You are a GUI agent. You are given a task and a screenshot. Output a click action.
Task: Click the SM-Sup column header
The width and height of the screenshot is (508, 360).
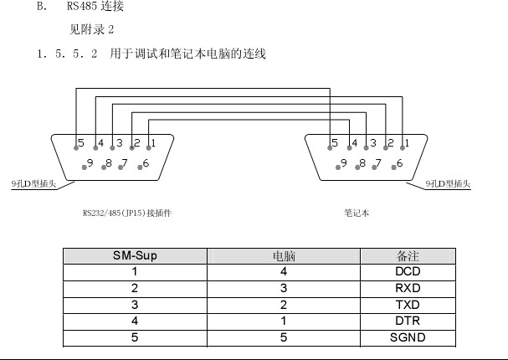pos(135,256)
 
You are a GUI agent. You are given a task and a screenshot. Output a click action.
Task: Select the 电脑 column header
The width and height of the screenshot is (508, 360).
pos(285,256)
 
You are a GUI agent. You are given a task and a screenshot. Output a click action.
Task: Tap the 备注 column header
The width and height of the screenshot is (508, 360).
pos(408,256)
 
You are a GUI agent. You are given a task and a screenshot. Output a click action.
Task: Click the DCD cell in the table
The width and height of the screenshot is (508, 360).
pos(408,271)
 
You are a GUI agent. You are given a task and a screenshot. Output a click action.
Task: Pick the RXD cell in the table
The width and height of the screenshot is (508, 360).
pos(408,288)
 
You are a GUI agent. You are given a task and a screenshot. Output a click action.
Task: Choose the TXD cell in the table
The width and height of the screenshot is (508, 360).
pos(408,304)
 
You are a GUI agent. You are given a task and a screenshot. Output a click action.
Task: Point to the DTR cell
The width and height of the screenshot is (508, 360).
pos(408,321)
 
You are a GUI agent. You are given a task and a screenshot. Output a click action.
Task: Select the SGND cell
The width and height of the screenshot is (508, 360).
pos(408,337)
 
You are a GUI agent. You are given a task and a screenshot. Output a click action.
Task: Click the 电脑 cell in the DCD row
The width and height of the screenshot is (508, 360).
pos(285,271)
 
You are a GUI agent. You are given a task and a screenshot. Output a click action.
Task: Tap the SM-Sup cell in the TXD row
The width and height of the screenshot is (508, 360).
pos(135,304)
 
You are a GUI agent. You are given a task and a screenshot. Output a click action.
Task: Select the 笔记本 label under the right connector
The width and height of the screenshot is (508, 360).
pos(356,213)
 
